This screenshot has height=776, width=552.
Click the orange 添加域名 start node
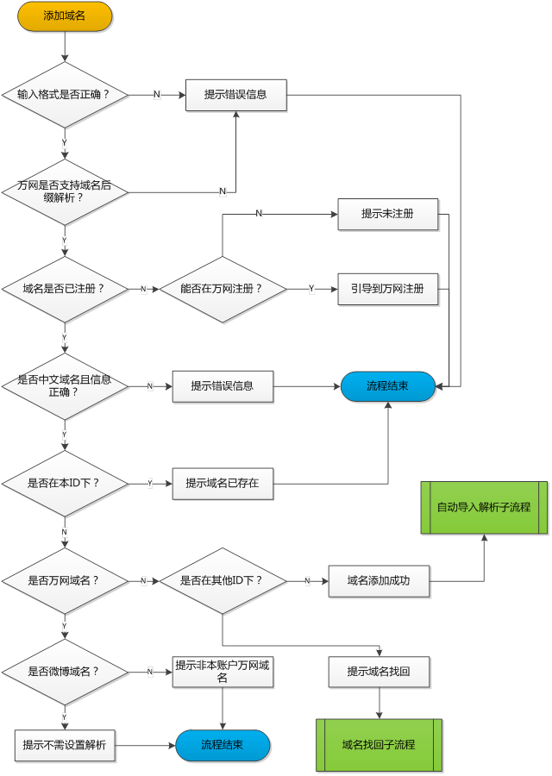pos(65,16)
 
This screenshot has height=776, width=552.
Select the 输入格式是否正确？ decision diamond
pos(65,94)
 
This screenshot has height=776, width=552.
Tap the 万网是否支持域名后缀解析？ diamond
pos(65,191)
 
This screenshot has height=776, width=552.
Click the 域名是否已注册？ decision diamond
pos(65,289)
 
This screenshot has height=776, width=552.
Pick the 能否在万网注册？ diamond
pos(223,289)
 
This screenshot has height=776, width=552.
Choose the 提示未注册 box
pos(387,214)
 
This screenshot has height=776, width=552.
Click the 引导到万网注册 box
pos(387,289)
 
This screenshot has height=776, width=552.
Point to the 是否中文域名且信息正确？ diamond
pos(65,385)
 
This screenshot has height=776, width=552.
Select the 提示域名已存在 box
pos(223,484)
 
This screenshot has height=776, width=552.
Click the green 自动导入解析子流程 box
pos(484,507)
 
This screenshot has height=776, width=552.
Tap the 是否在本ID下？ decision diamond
pos(65,483)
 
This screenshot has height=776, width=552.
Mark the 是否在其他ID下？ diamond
pos(223,580)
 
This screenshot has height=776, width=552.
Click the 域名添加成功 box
pos(379,581)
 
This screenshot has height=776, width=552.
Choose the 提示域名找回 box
pos(379,672)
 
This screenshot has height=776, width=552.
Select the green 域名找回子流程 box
pos(379,744)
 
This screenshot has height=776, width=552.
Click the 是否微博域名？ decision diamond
pos(65,671)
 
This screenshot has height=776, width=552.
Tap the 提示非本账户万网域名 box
pos(223,672)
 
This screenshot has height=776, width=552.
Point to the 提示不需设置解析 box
pos(65,745)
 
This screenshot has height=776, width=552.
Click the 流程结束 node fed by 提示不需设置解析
pos(223,745)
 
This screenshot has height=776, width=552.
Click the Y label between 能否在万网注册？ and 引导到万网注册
pos(311,289)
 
